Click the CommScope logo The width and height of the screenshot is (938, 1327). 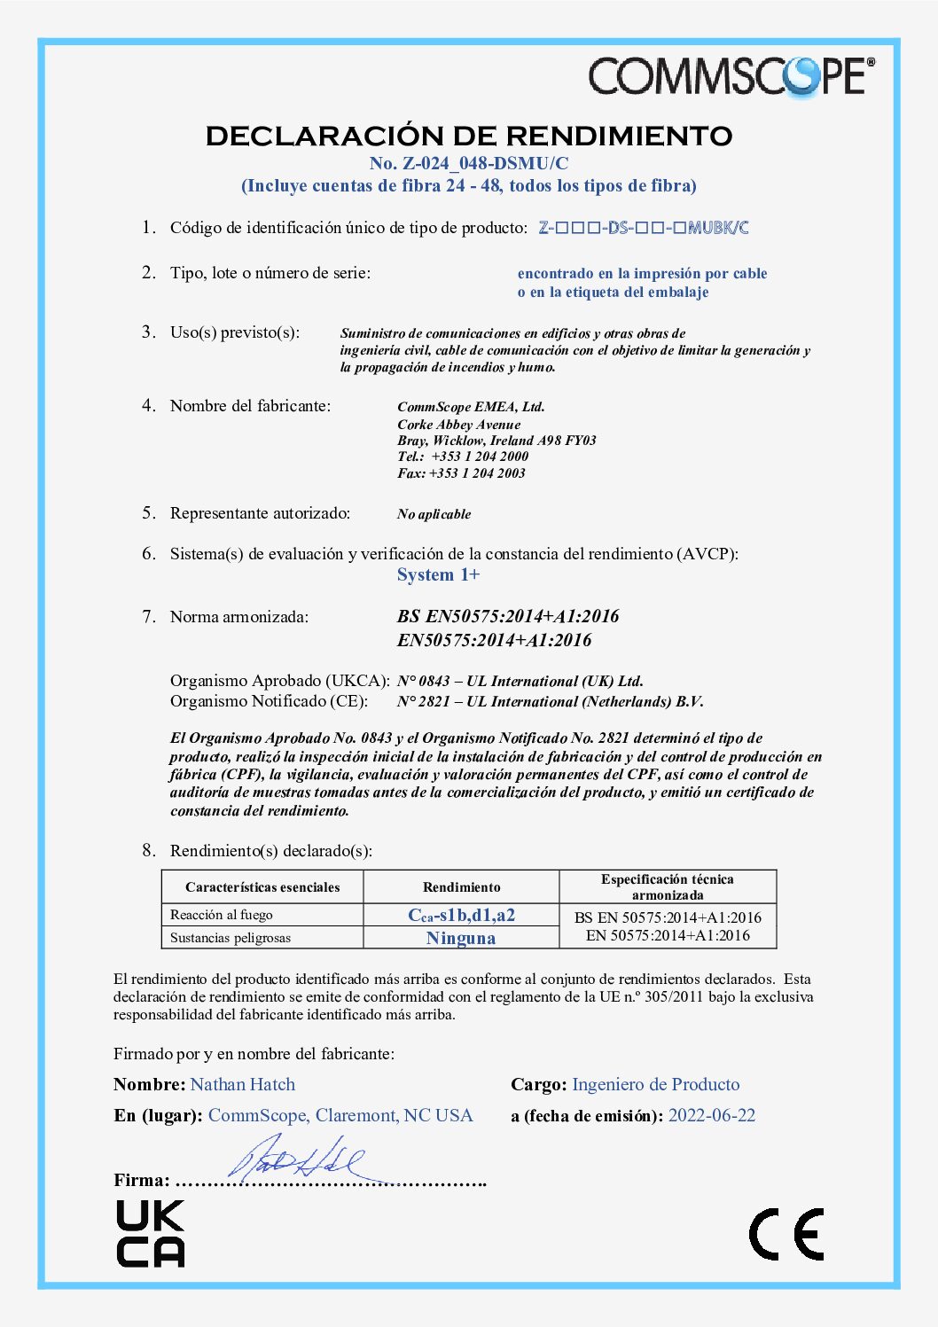click(731, 76)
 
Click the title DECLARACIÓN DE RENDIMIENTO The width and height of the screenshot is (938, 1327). click(469, 136)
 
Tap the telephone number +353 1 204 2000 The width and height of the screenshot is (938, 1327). click(480, 457)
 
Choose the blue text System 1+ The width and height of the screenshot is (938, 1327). click(438, 575)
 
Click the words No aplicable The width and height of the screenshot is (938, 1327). click(434, 514)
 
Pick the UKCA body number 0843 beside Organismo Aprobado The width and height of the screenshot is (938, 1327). click(434, 682)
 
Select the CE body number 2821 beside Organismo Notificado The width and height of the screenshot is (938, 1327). click(434, 702)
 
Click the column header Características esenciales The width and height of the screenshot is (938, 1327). click(262, 887)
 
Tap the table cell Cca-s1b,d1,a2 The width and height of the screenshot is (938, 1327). click(461, 916)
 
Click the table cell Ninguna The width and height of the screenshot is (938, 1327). click(461, 938)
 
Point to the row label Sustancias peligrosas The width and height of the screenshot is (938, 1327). click(231, 938)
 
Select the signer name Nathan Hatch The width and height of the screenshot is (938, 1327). click(243, 1085)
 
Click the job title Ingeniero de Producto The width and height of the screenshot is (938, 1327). click(655, 1085)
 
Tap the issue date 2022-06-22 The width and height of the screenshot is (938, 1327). click(712, 1116)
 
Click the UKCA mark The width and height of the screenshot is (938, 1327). click(151, 1233)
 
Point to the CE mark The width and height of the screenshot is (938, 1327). click(786, 1234)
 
